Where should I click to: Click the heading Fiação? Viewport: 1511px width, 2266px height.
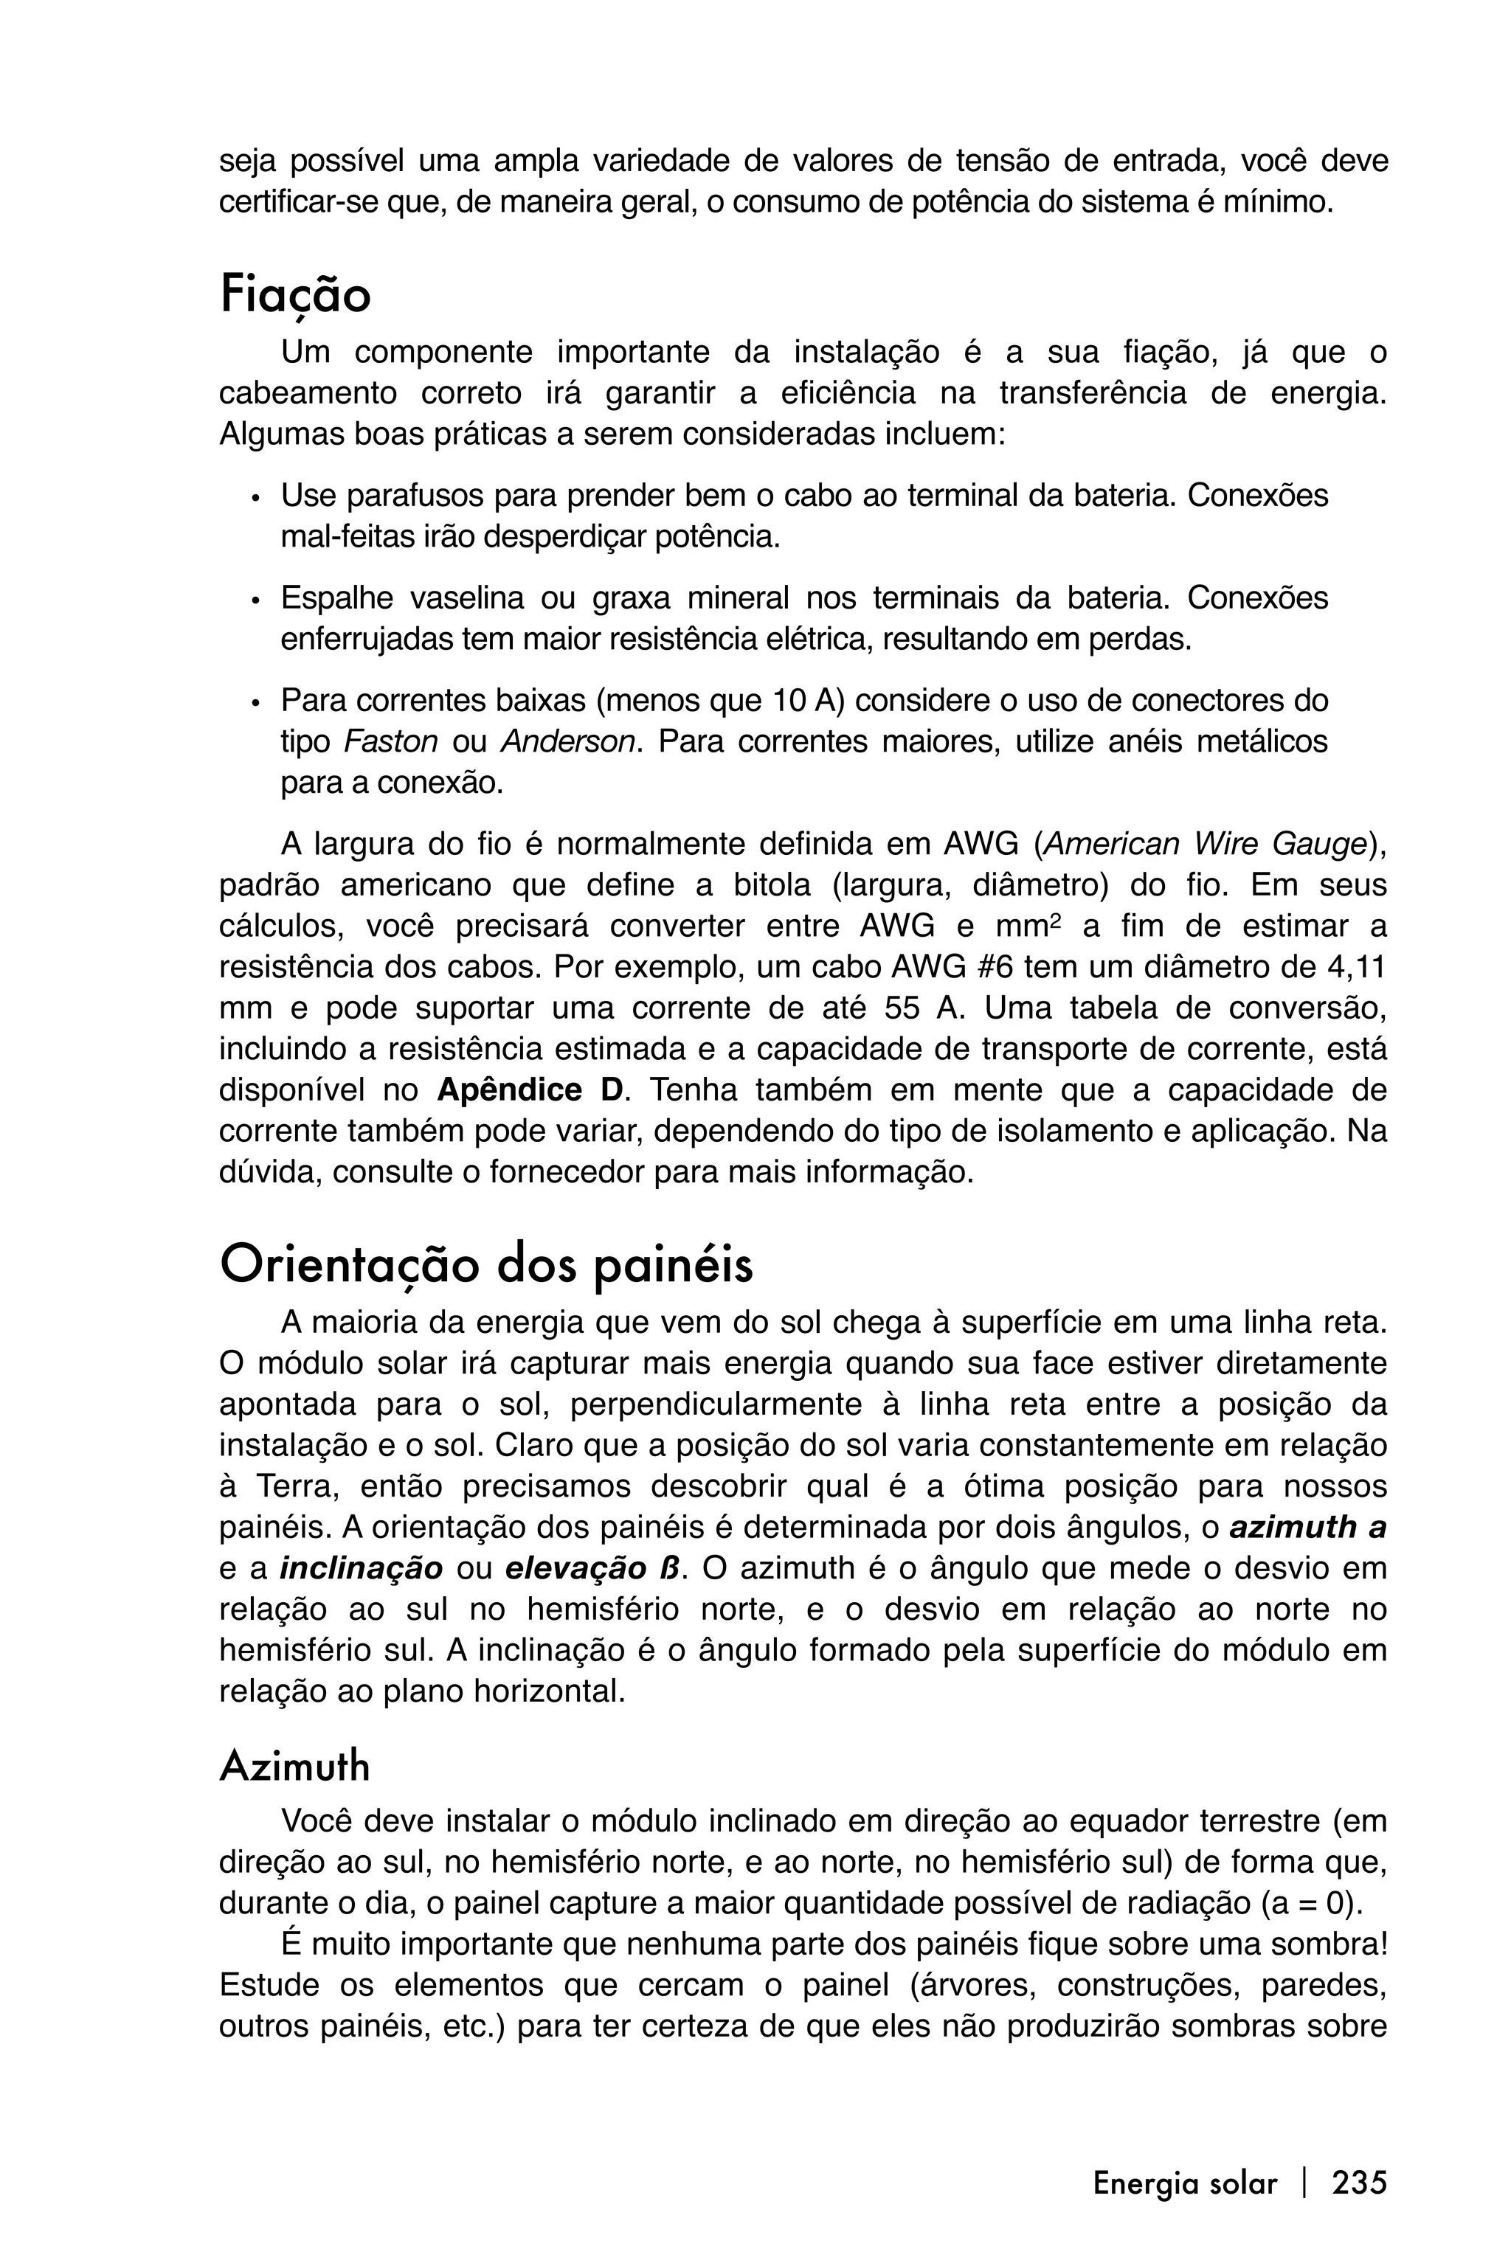pos(295,295)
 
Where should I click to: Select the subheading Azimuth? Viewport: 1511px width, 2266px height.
pos(295,1767)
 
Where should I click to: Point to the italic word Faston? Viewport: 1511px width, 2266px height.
pos(390,742)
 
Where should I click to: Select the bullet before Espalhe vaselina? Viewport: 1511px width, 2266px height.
pos(255,600)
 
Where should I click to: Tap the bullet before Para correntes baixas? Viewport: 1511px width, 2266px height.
pos(255,702)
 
